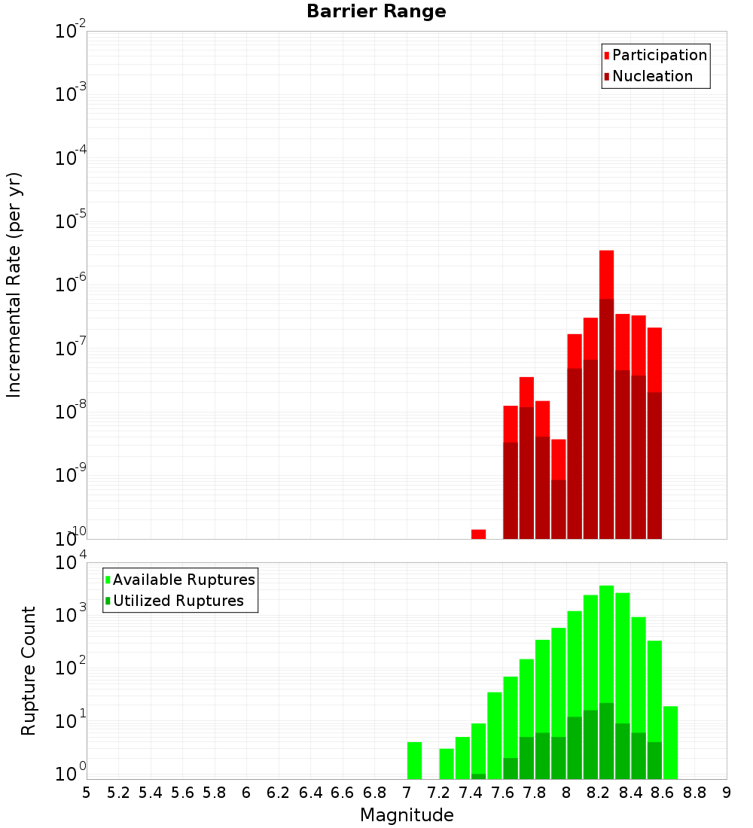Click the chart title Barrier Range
tap(376, 12)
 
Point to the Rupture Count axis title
tap(29, 671)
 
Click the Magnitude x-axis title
tap(407, 815)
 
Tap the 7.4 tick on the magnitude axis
tap(471, 793)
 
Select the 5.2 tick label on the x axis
tap(118, 793)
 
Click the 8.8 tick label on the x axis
tap(695, 793)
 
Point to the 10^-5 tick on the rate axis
tap(72, 221)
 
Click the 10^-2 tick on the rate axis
tap(72, 32)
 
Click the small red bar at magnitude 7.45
tap(478, 534)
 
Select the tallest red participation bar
tap(606, 275)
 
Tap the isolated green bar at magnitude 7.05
tap(414, 760)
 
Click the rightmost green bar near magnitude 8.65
tap(670, 742)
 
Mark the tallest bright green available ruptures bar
tap(606, 640)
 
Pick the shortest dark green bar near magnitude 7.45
tap(478, 776)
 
